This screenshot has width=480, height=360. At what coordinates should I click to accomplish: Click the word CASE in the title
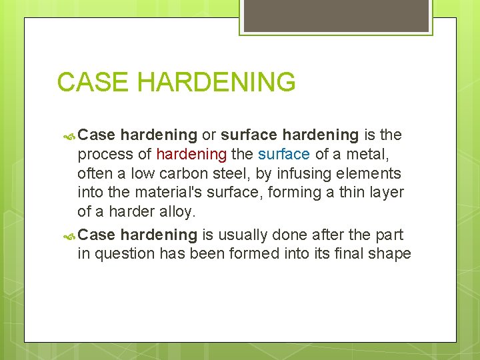coord(93,83)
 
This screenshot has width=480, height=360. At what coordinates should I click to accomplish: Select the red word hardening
coord(191,155)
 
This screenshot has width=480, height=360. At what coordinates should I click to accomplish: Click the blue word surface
coord(284,155)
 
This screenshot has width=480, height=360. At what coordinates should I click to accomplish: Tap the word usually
coord(245,235)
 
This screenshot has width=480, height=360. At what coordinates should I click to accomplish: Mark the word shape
coord(393,254)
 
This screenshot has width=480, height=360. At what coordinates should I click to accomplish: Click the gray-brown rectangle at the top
coord(336,15)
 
